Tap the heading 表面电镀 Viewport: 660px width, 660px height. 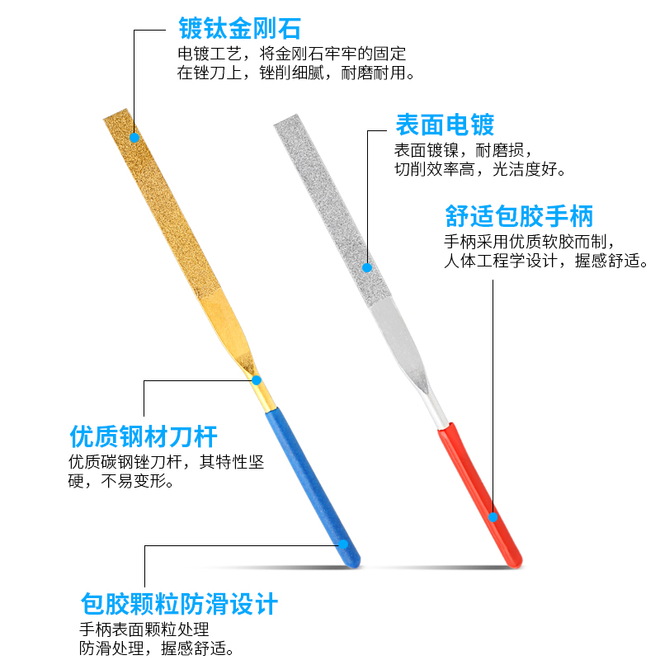[x=445, y=125]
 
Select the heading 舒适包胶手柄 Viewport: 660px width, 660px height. [x=519, y=217]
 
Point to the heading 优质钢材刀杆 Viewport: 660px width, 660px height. [x=144, y=436]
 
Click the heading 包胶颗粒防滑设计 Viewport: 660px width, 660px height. [x=179, y=604]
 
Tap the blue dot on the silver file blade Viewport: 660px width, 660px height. [x=368, y=267]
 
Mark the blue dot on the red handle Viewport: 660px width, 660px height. [x=493, y=517]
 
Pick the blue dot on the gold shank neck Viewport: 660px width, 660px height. [x=257, y=380]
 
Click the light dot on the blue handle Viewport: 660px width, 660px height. [x=342, y=544]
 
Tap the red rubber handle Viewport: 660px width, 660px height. [x=478, y=495]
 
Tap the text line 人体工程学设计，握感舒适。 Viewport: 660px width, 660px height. [x=546, y=262]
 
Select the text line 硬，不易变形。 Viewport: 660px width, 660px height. [x=122, y=481]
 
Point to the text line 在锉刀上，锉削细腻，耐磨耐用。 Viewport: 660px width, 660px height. [x=295, y=73]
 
